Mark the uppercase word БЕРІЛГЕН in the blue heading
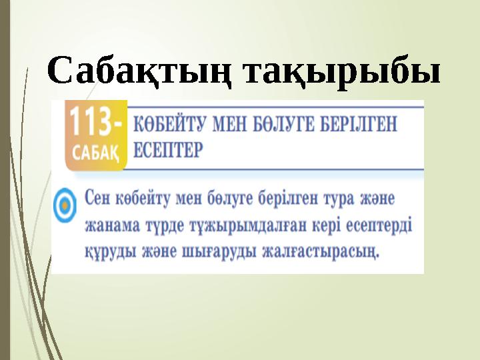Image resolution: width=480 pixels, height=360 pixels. click(x=371, y=124)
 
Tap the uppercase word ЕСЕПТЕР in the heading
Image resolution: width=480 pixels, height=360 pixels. click(x=167, y=149)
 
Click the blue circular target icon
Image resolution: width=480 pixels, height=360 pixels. click(x=65, y=203)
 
